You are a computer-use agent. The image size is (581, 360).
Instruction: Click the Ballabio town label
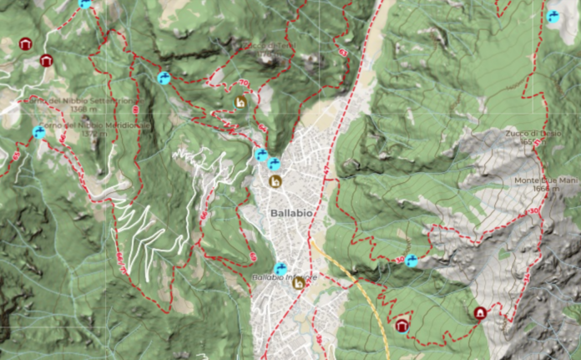291,213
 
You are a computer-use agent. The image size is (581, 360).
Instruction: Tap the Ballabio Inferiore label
284,277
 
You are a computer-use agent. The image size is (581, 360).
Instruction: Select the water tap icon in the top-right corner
553,16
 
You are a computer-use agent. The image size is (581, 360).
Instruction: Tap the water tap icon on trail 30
411,261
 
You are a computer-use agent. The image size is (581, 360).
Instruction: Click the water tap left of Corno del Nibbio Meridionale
38,131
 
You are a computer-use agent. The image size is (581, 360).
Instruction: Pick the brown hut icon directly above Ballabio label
275,181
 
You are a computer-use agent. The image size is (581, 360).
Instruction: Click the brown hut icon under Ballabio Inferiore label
298,284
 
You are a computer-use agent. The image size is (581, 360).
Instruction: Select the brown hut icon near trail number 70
241,102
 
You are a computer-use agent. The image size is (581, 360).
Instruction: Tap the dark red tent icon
480,313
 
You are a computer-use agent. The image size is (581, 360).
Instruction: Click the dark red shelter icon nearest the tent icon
402,325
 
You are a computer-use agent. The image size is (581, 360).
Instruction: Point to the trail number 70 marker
244,84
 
